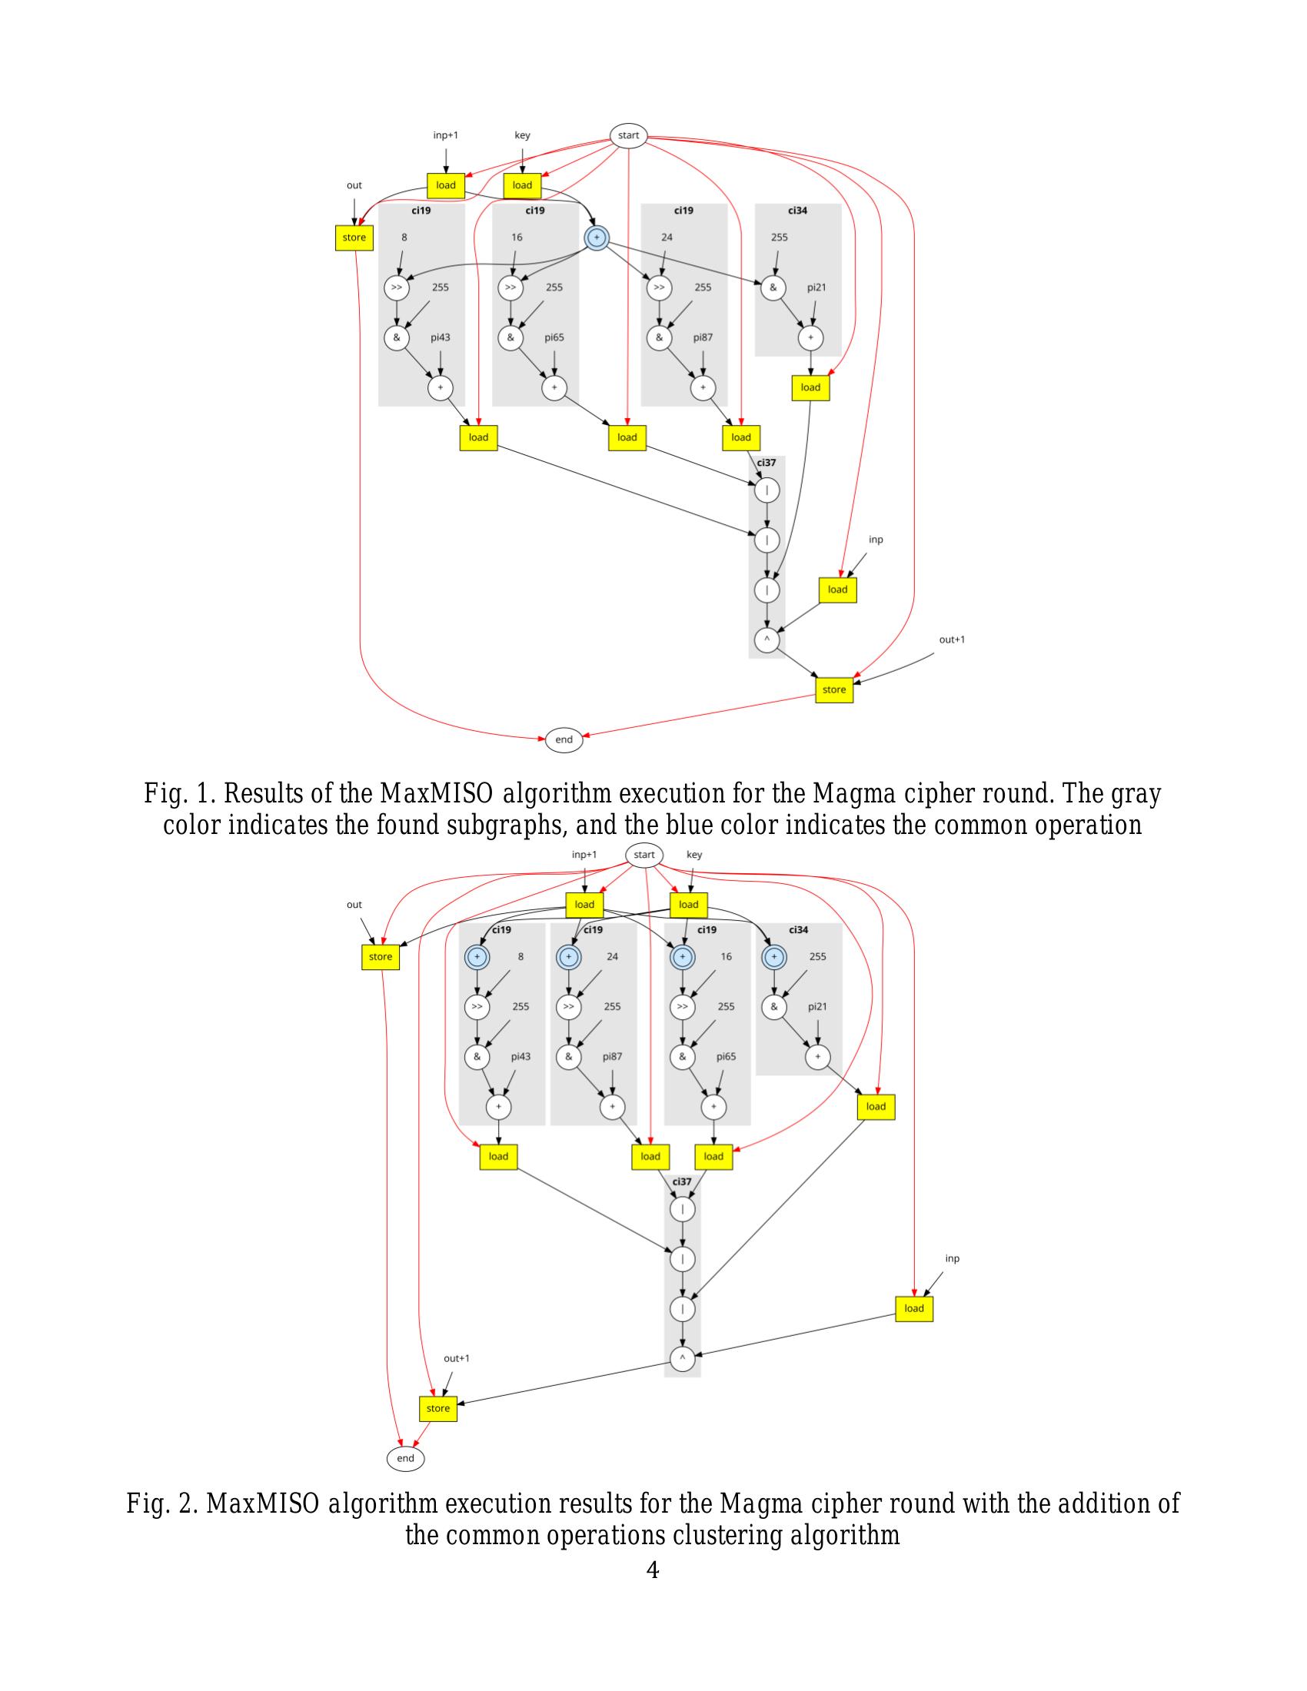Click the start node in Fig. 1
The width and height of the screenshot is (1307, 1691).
628,135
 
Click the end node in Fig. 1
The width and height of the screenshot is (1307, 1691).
564,739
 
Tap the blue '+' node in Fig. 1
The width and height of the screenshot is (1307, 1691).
596,237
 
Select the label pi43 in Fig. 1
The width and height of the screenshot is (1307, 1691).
440,337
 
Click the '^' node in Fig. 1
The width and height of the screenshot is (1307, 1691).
767,640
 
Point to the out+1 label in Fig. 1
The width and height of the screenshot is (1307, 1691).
952,640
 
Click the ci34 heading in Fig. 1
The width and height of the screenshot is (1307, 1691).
797,211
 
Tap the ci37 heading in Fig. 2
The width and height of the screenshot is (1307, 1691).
681,1181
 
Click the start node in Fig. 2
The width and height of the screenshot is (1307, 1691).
644,855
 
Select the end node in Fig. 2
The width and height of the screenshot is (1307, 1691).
406,1458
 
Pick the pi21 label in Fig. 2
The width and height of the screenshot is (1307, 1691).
818,1007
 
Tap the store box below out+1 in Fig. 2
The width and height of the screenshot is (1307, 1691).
438,1408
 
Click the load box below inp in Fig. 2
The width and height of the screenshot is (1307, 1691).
913,1308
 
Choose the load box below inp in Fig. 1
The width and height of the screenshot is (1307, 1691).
838,590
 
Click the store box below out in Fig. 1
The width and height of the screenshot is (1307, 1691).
354,238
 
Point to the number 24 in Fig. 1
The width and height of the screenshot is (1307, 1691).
667,237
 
